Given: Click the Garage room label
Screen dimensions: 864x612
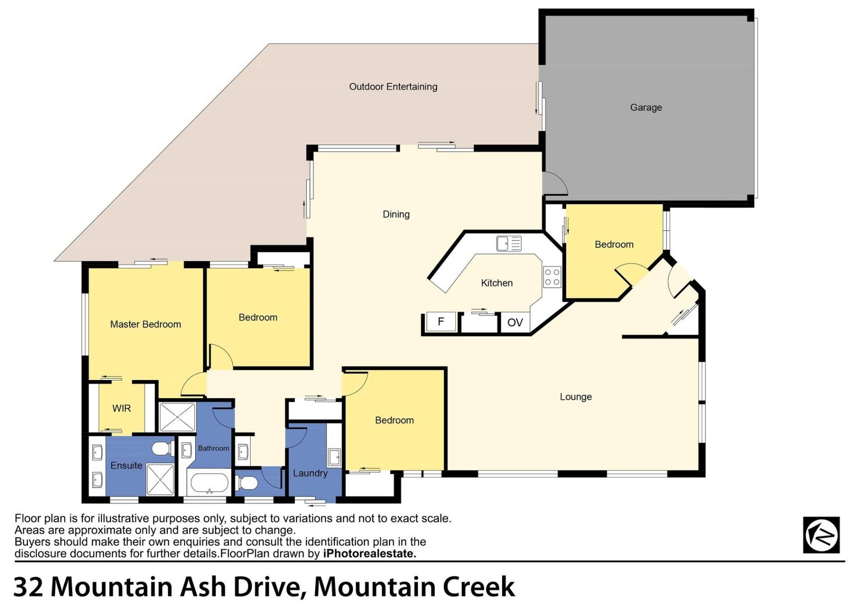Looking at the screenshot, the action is tap(646, 108).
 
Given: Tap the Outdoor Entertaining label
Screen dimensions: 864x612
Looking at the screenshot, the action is tap(393, 86).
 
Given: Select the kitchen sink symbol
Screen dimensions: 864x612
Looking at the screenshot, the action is tap(508, 244).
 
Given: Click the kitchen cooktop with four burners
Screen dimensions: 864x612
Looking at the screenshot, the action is tap(552, 277).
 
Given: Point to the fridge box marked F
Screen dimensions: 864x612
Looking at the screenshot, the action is tap(441, 322).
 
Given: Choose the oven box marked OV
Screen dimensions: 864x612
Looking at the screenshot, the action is tap(515, 322).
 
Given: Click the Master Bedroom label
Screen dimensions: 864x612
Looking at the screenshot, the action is tap(145, 324).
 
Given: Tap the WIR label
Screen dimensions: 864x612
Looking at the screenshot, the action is tap(121, 408).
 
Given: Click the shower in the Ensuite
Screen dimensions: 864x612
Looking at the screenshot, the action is tap(160, 479).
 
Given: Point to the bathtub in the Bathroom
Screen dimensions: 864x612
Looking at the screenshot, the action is tap(209, 483).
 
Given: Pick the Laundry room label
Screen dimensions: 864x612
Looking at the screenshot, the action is tap(310, 473).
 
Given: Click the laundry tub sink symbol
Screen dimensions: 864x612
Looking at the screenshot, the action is tap(333, 457).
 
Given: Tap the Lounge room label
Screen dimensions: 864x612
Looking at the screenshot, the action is tap(576, 397).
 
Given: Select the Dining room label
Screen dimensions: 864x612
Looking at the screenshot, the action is tap(396, 214).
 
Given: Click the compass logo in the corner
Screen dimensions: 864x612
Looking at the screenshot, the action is tap(821, 535).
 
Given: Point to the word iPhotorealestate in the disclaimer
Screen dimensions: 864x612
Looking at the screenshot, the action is tap(369, 553).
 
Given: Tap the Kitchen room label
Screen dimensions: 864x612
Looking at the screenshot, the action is tap(497, 283).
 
